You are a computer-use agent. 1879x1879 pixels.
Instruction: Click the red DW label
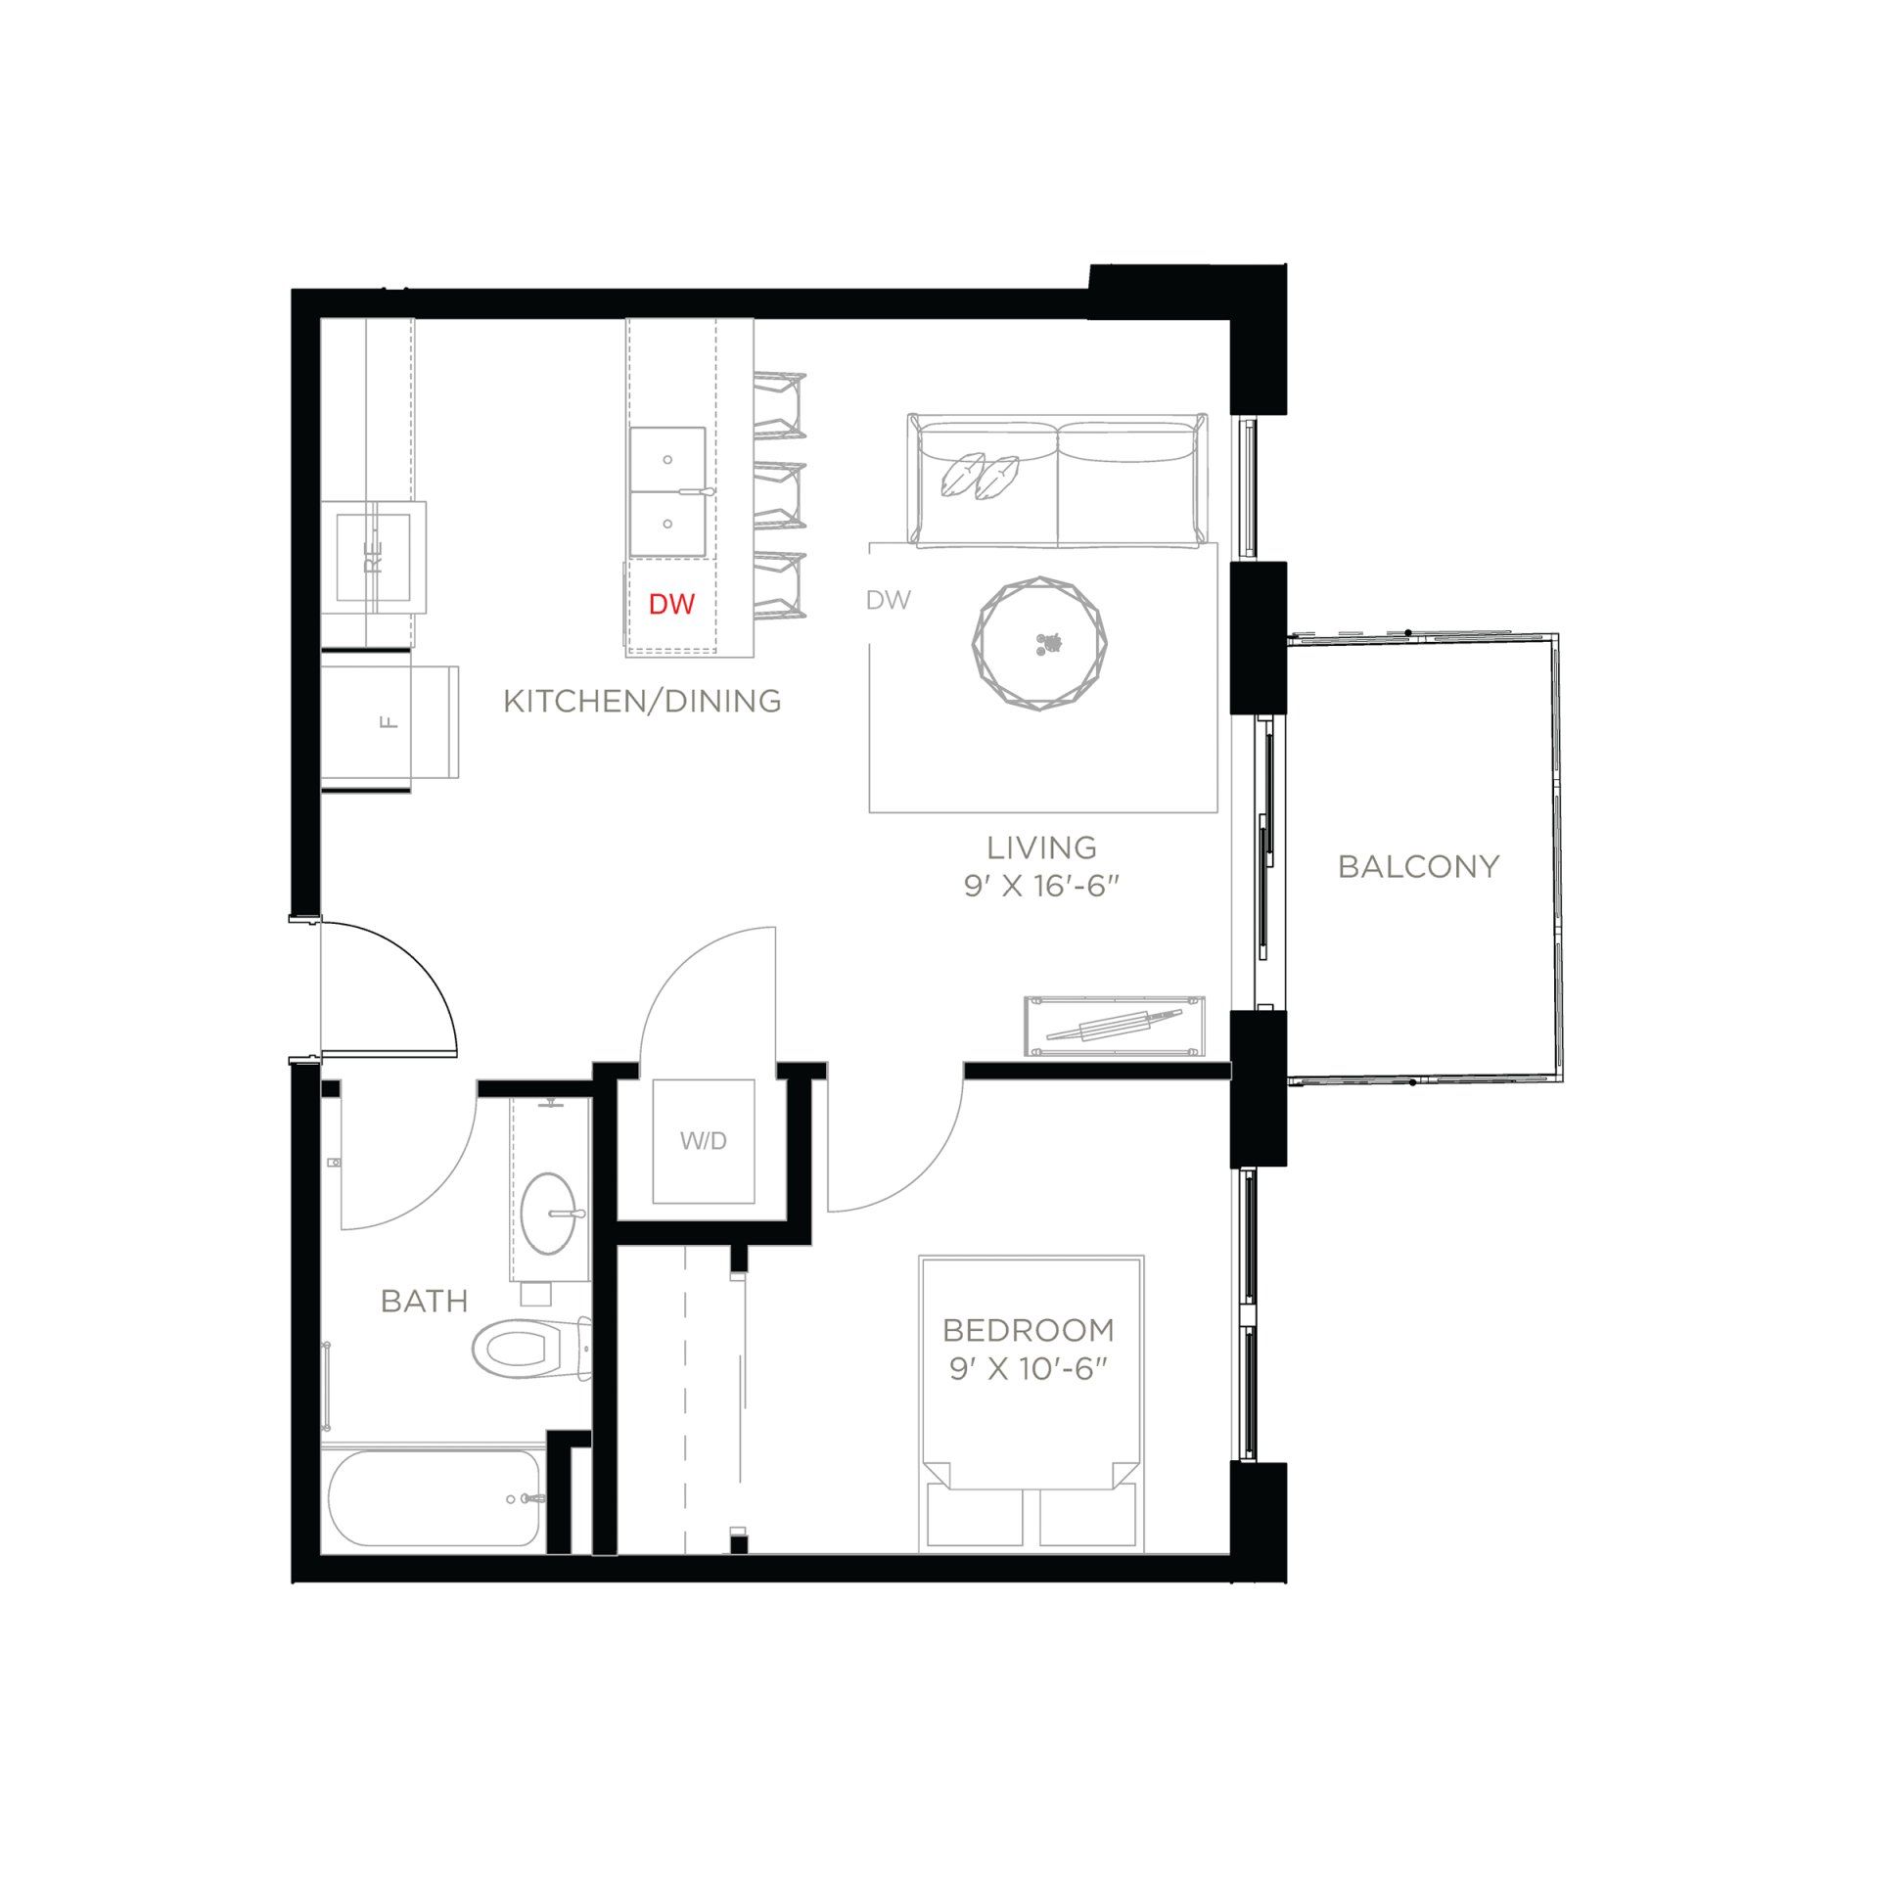(x=671, y=604)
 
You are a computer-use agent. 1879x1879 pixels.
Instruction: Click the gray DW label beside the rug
(x=888, y=601)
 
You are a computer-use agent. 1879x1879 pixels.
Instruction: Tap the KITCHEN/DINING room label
(x=642, y=701)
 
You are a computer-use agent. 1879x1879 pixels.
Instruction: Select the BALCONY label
(x=1418, y=866)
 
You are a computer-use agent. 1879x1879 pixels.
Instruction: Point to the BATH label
(x=424, y=1301)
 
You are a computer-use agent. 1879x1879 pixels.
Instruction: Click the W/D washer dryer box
(x=703, y=1141)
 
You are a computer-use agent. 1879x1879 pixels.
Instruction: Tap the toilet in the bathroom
(x=528, y=1349)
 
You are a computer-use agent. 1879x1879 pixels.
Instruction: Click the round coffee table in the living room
(x=1041, y=643)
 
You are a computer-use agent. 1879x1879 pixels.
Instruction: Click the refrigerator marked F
(x=390, y=722)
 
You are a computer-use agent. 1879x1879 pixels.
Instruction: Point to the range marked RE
(x=374, y=557)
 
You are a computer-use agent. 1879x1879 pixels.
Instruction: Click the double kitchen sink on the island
(x=667, y=491)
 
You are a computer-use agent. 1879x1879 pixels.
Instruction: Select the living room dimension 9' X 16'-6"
(x=1040, y=886)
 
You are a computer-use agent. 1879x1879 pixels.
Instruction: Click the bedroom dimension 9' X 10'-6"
(x=1028, y=1368)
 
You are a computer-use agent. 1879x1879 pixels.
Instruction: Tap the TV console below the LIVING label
(x=1114, y=1027)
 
